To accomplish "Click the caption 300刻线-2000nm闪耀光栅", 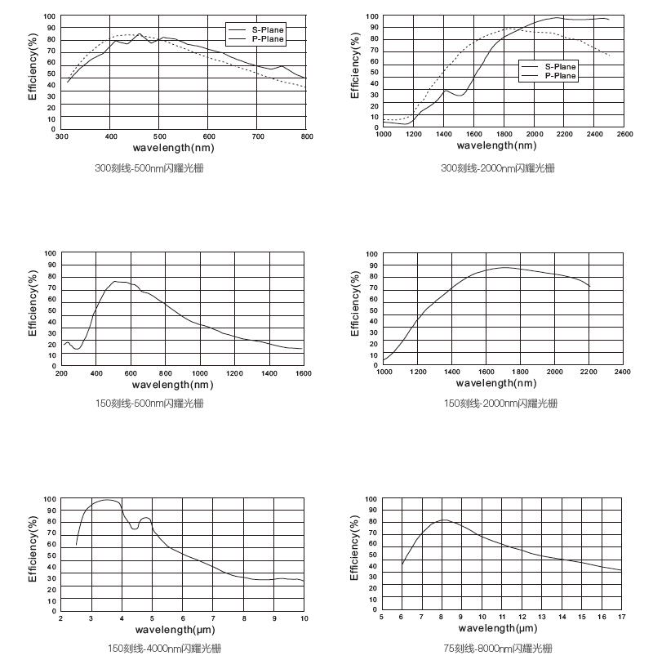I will (x=498, y=168).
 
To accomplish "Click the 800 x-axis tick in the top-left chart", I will (x=307, y=136).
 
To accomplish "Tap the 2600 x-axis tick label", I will (x=624, y=134).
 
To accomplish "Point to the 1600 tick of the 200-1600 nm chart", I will (x=302, y=373).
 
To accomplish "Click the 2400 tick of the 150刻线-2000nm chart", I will (x=623, y=372).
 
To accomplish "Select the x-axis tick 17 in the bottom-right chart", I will (x=622, y=617).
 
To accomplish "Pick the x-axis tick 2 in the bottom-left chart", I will (x=61, y=618).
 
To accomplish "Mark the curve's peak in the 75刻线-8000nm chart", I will (x=443, y=520).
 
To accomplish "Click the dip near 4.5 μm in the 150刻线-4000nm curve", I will (x=134, y=529).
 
